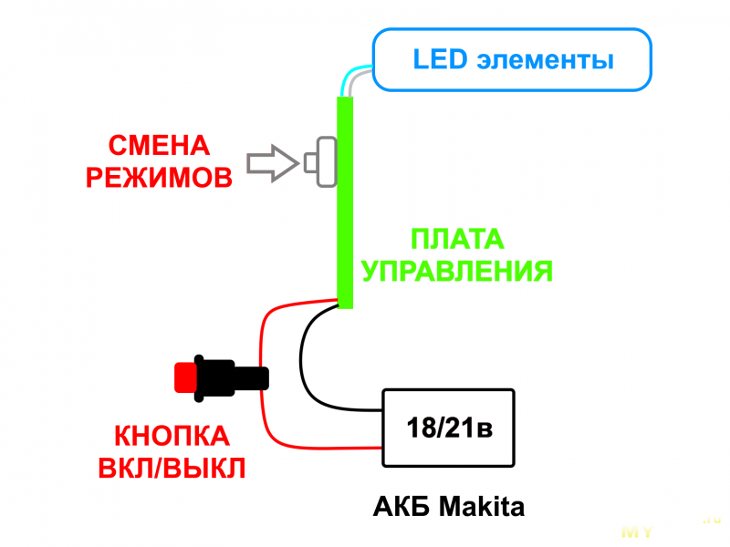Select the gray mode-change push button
click(323, 161)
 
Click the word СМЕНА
click(159, 146)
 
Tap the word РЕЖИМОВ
click(159, 177)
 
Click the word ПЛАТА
click(457, 240)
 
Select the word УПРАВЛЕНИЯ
click(457, 271)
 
